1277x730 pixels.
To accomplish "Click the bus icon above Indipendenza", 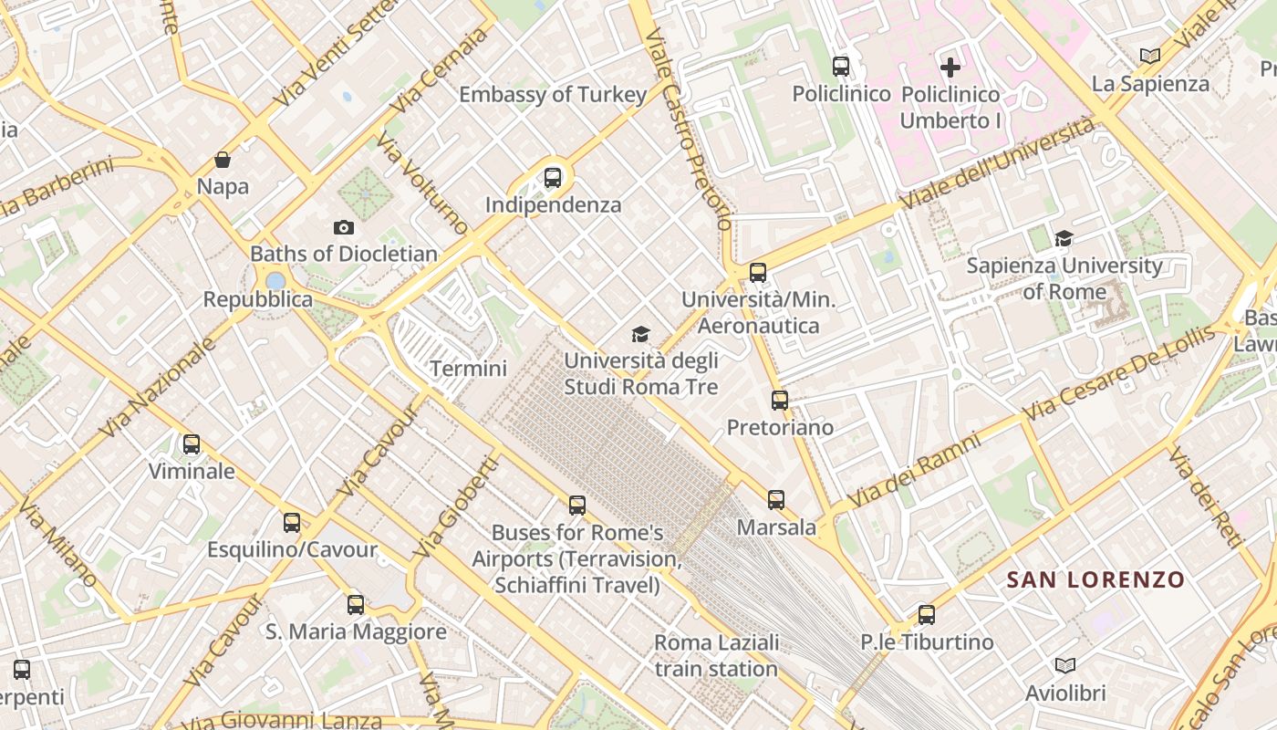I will click(553, 178).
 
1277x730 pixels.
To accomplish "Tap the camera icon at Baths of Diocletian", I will click(344, 227).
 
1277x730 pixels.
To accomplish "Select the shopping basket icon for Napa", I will click(223, 161).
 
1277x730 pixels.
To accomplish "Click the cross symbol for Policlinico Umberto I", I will click(950, 67).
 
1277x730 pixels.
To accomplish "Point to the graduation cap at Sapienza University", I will click(1064, 239).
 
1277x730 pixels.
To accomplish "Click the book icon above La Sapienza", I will click(1150, 57).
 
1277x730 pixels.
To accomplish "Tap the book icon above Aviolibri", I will click(1064, 665).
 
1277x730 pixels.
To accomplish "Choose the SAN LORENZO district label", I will click(1095, 579).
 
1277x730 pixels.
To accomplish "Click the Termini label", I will click(468, 369).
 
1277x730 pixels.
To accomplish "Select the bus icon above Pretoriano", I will click(780, 400).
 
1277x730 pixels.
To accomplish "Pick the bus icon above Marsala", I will click(776, 499).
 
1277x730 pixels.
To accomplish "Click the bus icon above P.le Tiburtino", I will click(927, 614).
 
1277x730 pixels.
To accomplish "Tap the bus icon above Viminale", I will click(192, 444).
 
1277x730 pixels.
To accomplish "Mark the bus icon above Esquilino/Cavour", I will click(292, 523).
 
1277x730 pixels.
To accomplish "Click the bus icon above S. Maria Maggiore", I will click(356, 604).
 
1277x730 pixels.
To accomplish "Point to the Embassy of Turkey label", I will click(553, 94).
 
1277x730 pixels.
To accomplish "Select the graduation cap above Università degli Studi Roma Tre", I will click(641, 334).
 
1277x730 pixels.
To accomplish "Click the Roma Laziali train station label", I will click(717, 655).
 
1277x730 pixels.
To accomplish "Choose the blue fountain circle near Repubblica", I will click(275, 280).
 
